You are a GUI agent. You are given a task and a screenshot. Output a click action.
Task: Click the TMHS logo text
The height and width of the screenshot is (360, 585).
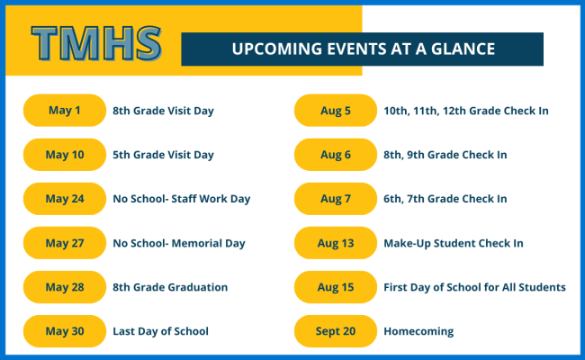(x=96, y=42)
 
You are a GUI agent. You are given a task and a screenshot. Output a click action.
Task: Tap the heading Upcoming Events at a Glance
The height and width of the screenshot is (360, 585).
(x=363, y=49)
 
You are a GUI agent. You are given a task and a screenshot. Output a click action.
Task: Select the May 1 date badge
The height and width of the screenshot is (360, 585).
(x=64, y=111)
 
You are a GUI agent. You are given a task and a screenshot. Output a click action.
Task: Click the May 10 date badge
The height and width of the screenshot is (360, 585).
(x=64, y=155)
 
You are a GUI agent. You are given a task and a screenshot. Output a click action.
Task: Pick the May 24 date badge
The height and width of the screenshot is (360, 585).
(x=64, y=199)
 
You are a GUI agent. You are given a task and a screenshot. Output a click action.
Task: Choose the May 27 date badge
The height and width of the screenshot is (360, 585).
(x=64, y=243)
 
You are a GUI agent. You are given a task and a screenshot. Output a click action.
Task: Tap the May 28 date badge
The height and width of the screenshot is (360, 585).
(x=64, y=287)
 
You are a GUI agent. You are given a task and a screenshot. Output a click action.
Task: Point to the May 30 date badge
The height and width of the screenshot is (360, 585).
(x=64, y=331)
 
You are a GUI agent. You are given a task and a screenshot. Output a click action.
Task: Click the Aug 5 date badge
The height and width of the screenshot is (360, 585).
(x=336, y=111)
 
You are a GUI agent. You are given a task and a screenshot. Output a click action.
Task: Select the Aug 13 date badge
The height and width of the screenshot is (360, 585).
(x=336, y=243)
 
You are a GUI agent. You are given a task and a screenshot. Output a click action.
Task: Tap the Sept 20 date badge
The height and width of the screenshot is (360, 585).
(x=336, y=331)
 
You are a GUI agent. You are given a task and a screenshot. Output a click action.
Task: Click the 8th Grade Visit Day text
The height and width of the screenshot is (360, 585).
(x=163, y=111)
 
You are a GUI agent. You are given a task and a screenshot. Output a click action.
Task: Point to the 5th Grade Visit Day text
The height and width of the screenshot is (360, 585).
(x=163, y=155)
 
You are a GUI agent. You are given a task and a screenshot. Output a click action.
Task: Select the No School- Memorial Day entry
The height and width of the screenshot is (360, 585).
(x=178, y=243)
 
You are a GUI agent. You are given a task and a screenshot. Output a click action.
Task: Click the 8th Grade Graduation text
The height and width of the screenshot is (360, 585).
(x=170, y=287)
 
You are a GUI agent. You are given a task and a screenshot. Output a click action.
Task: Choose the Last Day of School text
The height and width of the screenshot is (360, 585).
(x=160, y=331)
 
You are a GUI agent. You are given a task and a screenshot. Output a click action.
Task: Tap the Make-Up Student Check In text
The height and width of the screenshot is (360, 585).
(x=453, y=243)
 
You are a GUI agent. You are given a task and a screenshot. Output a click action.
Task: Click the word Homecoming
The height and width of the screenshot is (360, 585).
(x=418, y=331)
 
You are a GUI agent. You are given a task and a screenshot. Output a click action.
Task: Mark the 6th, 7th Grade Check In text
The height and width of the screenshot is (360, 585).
(x=445, y=199)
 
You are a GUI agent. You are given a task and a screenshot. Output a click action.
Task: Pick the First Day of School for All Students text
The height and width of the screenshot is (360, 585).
(x=474, y=287)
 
